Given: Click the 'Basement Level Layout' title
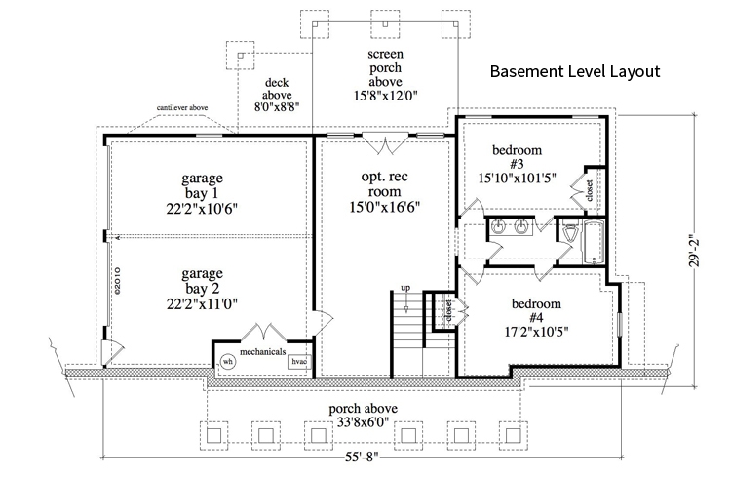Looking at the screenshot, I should coord(575,72).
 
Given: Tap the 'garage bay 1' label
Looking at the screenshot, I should coord(202,193).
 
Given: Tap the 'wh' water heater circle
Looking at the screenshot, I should coord(228,361).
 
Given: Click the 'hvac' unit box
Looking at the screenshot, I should coord(298,361).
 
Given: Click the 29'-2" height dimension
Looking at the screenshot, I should coord(694,248).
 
